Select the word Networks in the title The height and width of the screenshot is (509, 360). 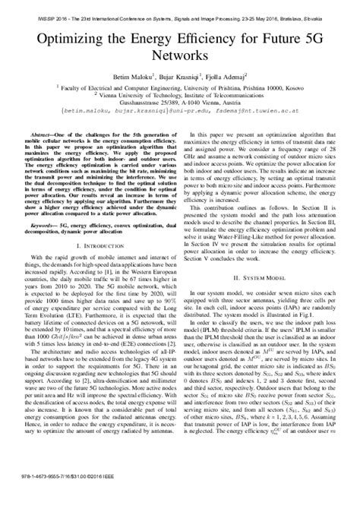180,55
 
